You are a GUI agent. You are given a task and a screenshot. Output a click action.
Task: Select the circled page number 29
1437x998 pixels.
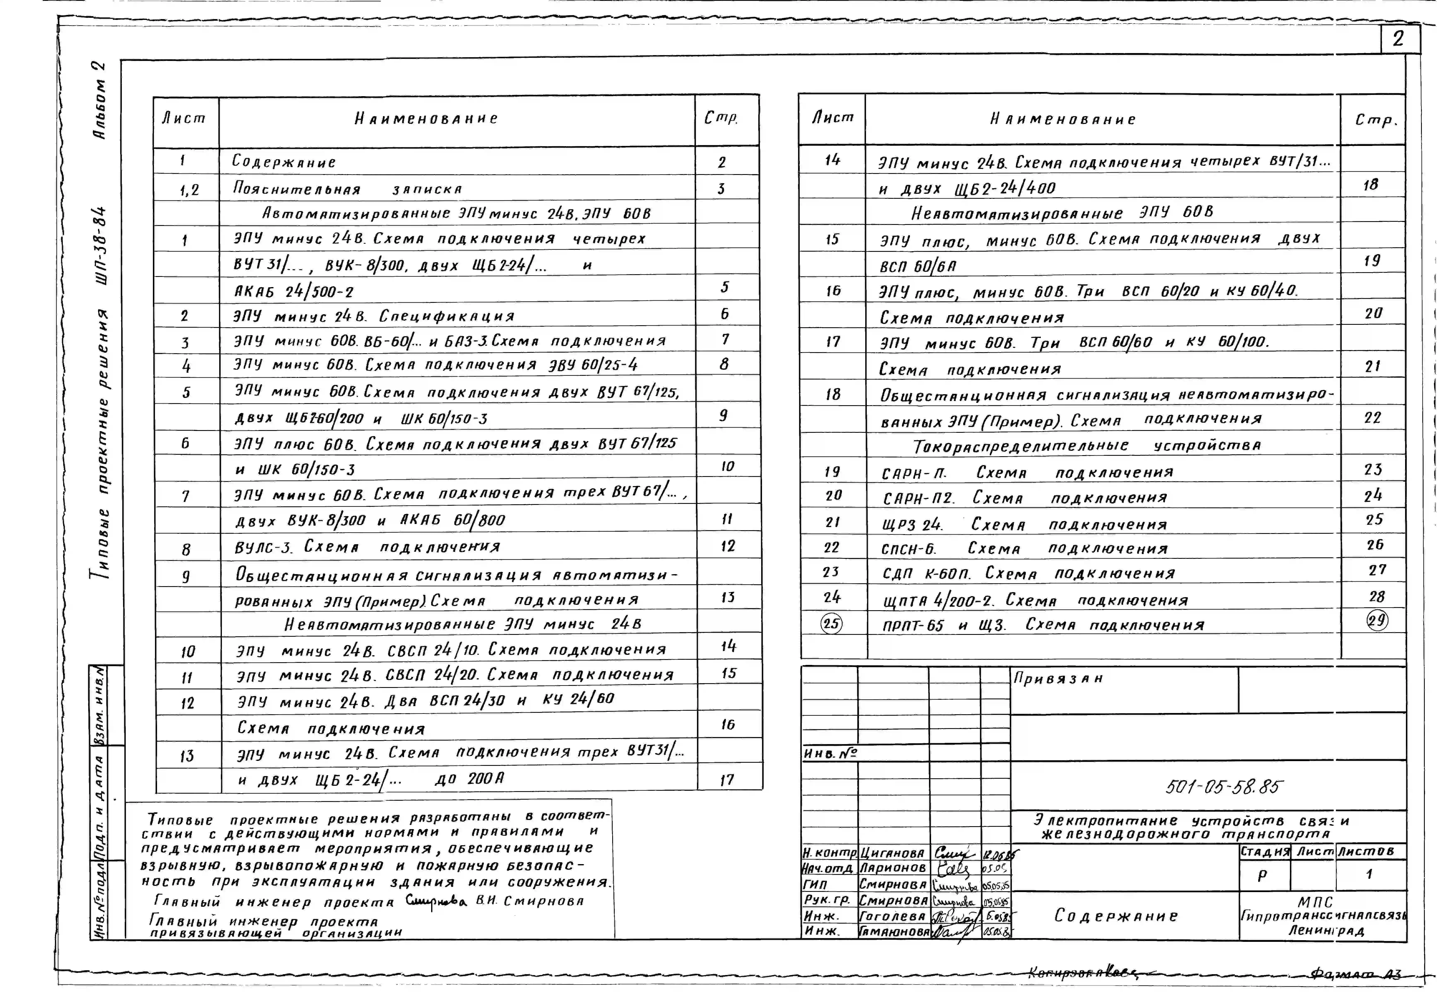(x=1377, y=620)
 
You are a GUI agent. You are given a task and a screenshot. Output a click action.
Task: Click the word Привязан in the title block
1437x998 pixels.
(x=1058, y=678)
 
